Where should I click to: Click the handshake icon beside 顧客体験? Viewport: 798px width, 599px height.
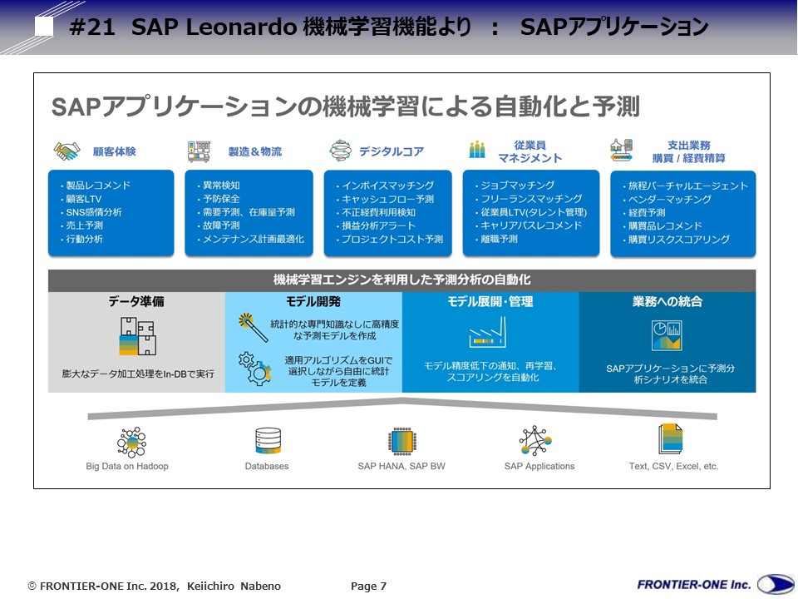(x=67, y=151)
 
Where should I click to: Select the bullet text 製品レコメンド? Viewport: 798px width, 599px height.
(x=98, y=186)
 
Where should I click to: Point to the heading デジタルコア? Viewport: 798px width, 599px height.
(x=391, y=151)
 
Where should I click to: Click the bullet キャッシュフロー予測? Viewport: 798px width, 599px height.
(x=387, y=200)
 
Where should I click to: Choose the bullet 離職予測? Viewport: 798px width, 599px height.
(x=499, y=239)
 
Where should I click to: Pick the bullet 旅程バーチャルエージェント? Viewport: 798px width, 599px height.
(x=687, y=186)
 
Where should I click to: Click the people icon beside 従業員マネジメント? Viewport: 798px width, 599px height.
(x=477, y=151)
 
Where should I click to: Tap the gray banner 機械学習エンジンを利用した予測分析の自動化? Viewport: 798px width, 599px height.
(x=401, y=280)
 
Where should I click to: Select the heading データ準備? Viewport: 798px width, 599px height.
(x=135, y=302)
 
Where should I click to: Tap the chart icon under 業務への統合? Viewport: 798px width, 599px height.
(x=666, y=335)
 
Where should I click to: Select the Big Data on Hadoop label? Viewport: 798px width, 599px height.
(x=127, y=466)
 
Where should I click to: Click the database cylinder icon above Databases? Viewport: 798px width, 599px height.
(x=268, y=441)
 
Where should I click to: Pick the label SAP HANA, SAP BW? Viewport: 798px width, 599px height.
(x=401, y=466)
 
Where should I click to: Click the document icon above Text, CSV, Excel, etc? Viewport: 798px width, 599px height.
(x=671, y=439)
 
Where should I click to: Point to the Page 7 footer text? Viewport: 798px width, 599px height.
(x=368, y=587)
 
